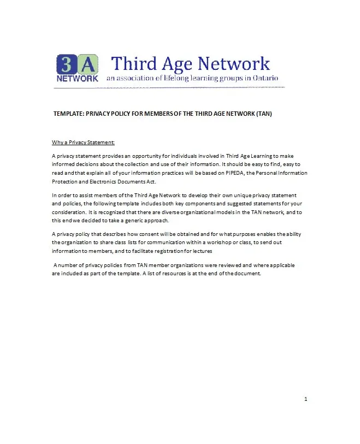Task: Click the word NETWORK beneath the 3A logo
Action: pos(77,78)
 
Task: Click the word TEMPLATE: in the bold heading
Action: pos(69,114)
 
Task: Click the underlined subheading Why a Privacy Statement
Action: pos(83,143)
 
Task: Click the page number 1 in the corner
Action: pos(306,399)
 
